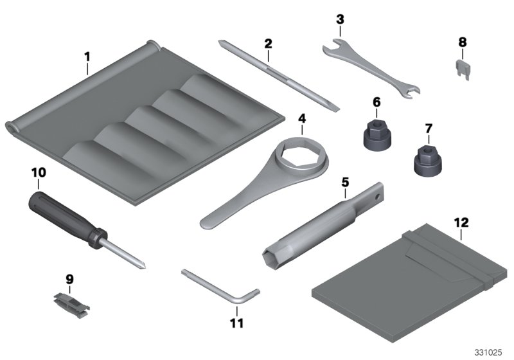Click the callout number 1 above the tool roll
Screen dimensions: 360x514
tap(87, 57)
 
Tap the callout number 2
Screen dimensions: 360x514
tap(268, 43)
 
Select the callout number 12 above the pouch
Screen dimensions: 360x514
tap(461, 223)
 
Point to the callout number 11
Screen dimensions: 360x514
tap(237, 323)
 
